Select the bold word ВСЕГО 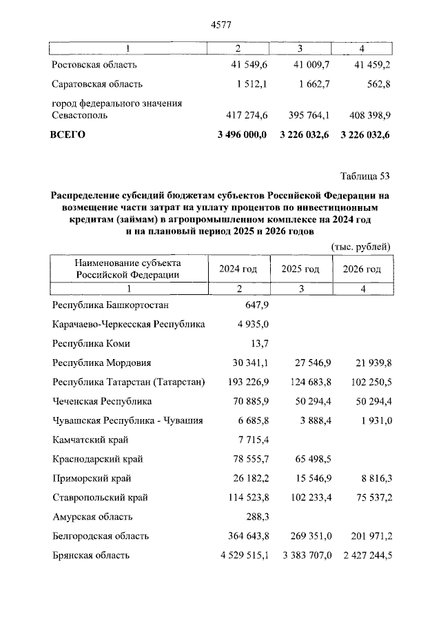pyautogui.click(x=68, y=135)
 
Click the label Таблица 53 pyautogui.click(x=365, y=174)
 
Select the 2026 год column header pyautogui.click(x=362, y=269)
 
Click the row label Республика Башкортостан pyautogui.click(x=110, y=305)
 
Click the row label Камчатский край pyautogui.click(x=90, y=439)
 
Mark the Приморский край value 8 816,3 pyautogui.click(x=373, y=478)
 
